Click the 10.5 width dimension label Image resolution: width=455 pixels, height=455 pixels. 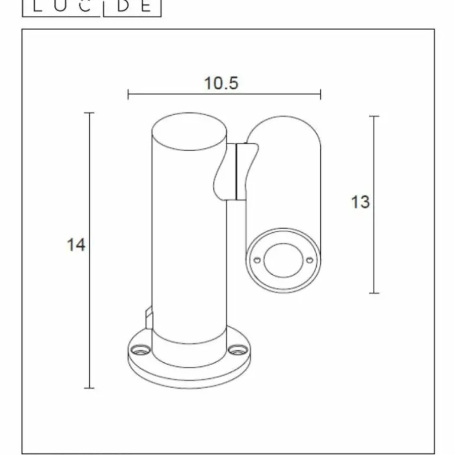tap(221, 83)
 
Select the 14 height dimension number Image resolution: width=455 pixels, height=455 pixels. tap(76, 245)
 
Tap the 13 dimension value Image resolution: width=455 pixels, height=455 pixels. tap(360, 202)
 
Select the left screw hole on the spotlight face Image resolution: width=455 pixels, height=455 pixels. tap(257, 259)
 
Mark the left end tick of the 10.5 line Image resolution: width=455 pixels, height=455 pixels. tap(128, 94)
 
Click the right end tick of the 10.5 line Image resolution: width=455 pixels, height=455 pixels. tap(320, 94)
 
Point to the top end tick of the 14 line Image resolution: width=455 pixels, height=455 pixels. tap(90, 113)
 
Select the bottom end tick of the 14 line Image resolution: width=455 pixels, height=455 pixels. tap(90, 388)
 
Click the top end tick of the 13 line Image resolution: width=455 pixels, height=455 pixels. tap(374, 116)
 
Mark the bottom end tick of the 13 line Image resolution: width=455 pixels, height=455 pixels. tap(374, 292)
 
